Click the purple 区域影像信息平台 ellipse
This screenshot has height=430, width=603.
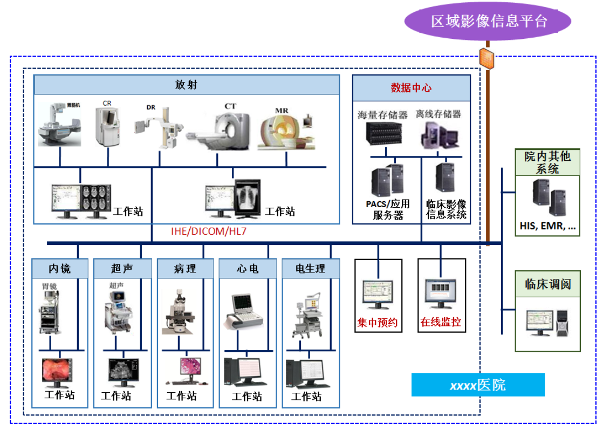(x=488, y=21)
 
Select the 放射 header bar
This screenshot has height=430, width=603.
(x=187, y=85)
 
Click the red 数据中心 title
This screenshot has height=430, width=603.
(x=411, y=88)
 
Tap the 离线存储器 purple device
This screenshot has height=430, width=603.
(x=438, y=134)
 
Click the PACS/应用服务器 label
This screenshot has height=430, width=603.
(x=388, y=209)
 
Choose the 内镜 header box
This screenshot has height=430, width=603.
(x=59, y=268)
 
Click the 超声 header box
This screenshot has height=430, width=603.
(x=122, y=268)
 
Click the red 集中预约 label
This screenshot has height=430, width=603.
(x=378, y=323)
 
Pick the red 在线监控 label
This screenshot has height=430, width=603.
(x=441, y=323)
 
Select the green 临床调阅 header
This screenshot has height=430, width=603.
(x=548, y=283)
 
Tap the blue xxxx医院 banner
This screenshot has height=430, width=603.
(x=478, y=385)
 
